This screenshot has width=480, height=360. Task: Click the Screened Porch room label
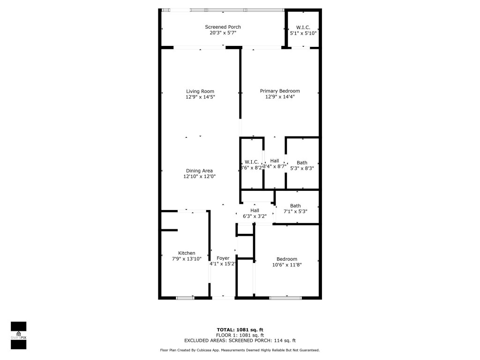(223, 27)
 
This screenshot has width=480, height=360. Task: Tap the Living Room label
(200, 91)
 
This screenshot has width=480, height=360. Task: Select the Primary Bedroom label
(280, 91)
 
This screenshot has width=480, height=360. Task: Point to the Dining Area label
(200, 171)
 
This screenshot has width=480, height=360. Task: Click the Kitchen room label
(187, 253)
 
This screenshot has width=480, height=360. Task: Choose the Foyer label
(223, 258)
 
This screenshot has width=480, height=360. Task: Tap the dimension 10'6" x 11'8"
(286, 265)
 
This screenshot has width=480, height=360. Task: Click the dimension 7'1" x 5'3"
(295, 211)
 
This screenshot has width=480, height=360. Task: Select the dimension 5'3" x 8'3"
(302, 168)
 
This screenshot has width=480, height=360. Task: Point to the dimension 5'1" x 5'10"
(303, 33)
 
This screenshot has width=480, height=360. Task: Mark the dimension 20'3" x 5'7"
(223, 33)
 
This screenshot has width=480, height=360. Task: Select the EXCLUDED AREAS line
(240, 341)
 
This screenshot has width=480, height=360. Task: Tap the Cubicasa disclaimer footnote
(240, 350)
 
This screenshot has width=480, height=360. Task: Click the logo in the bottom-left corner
(18, 336)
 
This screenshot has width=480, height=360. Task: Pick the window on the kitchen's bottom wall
(185, 297)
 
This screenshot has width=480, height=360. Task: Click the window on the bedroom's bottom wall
(285, 297)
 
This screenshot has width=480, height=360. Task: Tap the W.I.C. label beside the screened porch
(303, 27)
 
